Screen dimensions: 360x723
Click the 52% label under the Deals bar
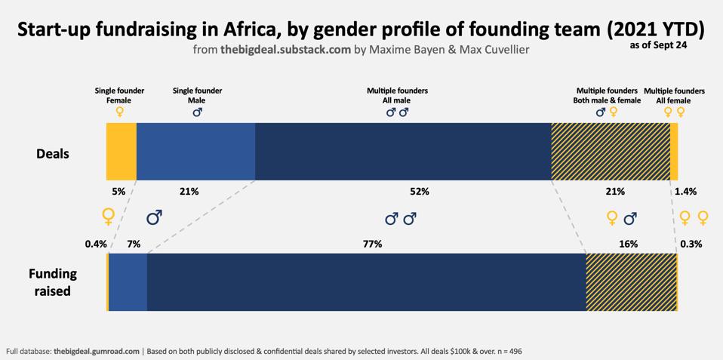coord(420,192)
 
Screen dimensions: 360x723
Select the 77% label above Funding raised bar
coord(372,244)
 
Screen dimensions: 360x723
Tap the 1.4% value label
coord(685,192)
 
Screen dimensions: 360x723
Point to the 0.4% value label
coord(96,244)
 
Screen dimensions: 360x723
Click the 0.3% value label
coord(691,244)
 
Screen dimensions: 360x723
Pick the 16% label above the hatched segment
coord(628,244)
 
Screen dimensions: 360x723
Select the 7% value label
coord(134,244)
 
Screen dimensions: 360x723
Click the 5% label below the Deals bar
coord(118,192)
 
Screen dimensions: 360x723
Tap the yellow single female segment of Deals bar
coord(121,151)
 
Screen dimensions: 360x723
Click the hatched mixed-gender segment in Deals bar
coord(611,151)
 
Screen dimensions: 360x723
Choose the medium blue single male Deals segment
coord(195,151)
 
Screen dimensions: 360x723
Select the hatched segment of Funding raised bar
coord(631,282)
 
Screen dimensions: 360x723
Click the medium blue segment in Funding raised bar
coord(128,282)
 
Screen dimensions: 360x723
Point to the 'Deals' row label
coord(53,154)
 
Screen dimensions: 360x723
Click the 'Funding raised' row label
coord(53,281)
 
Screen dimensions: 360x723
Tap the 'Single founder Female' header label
coord(119,95)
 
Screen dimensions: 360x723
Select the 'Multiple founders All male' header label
coord(397,95)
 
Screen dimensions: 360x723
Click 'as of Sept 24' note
coord(657,45)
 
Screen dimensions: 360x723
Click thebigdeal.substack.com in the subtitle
coord(286,50)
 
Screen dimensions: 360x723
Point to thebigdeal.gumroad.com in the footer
coord(97,351)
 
